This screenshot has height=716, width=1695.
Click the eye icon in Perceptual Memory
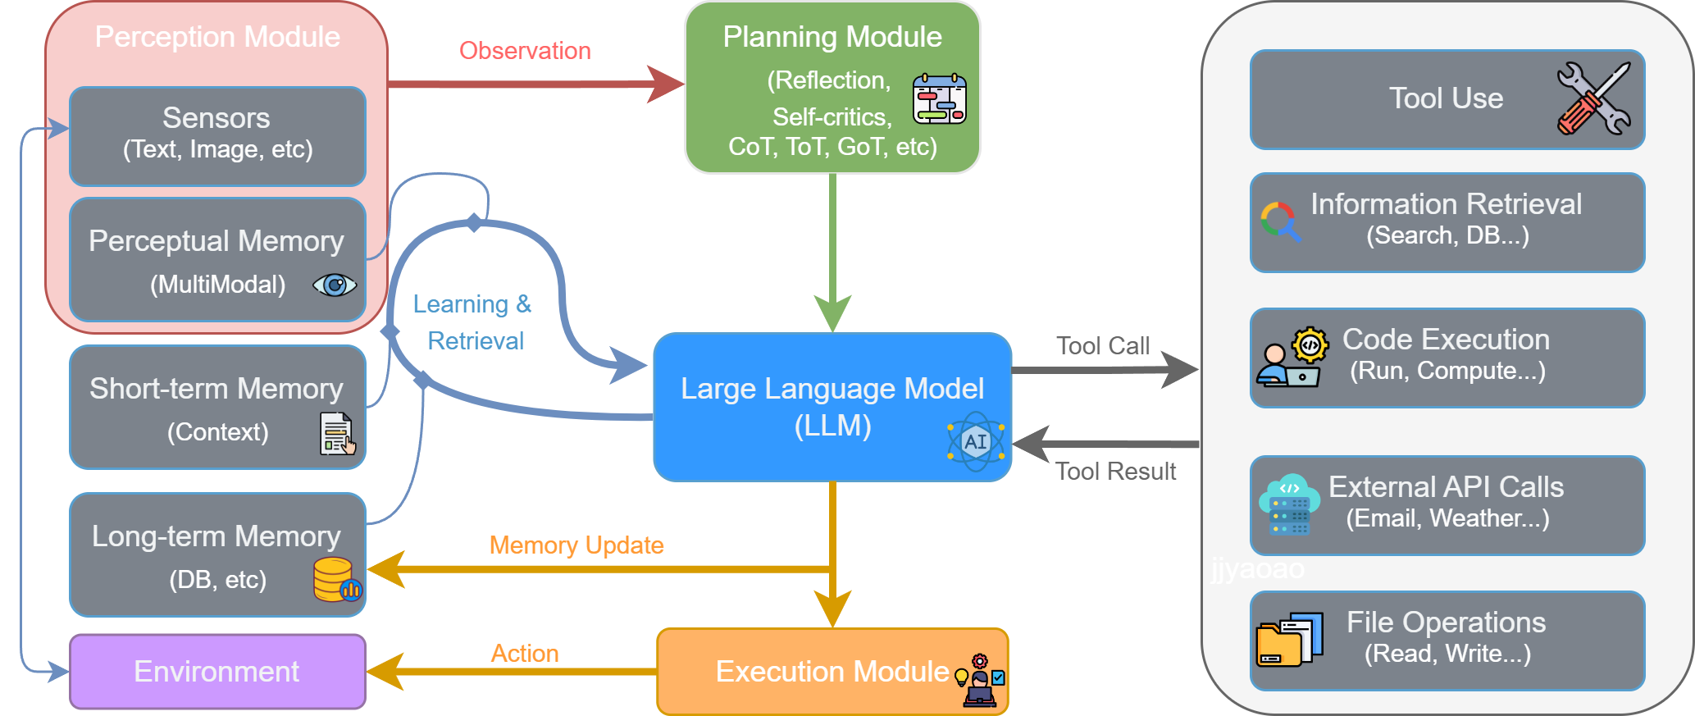click(x=335, y=285)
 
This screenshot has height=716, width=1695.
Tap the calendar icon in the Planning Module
click(x=940, y=99)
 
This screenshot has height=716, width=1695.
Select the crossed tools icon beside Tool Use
click(x=1593, y=98)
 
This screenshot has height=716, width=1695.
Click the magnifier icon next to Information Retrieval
click(x=1280, y=221)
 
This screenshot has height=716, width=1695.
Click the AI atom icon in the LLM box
click(x=975, y=441)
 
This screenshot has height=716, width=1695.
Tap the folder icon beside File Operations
click(x=1290, y=640)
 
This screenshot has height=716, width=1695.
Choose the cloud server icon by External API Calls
click(x=1289, y=504)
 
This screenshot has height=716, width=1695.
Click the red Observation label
click(x=525, y=51)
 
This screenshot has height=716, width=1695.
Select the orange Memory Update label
click(x=576, y=545)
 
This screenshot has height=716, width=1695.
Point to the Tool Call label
click(x=1103, y=346)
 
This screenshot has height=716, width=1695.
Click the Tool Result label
click(x=1115, y=472)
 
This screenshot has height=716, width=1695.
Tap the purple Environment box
click(x=217, y=672)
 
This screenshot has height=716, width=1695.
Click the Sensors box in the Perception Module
click(x=217, y=136)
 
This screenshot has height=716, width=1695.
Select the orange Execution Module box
click(x=832, y=672)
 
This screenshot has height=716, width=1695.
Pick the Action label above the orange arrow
click(x=525, y=654)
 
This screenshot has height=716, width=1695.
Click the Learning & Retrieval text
click(x=473, y=322)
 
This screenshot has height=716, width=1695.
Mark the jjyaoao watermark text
click(x=1257, y=568)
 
